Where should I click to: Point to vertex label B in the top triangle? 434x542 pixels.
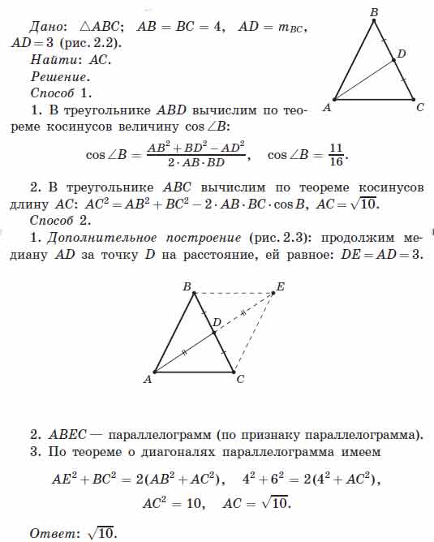click(374, 12)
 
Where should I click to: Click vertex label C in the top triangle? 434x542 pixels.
click(419, 107)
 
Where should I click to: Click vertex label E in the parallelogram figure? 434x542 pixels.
click(281, 286)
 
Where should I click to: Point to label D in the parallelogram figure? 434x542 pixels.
click(216, 323)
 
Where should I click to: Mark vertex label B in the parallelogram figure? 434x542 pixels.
click(187, 286)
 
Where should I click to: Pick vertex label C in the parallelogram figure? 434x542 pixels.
click(240, 379)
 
